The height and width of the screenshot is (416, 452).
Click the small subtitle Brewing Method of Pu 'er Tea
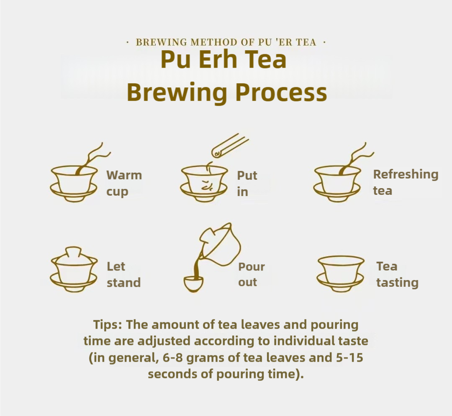point(226,42)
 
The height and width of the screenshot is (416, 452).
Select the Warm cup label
point(123,183)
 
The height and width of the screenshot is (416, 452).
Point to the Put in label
point(247,183)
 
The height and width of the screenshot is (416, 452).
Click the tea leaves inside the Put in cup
point(206,186)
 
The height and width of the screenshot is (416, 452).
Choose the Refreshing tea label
point(405,182)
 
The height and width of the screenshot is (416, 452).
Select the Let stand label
point(123,274)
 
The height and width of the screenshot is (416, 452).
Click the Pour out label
point(251,274)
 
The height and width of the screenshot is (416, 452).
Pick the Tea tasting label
point(397,274)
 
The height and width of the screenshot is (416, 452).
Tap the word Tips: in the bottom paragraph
point(108,325)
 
